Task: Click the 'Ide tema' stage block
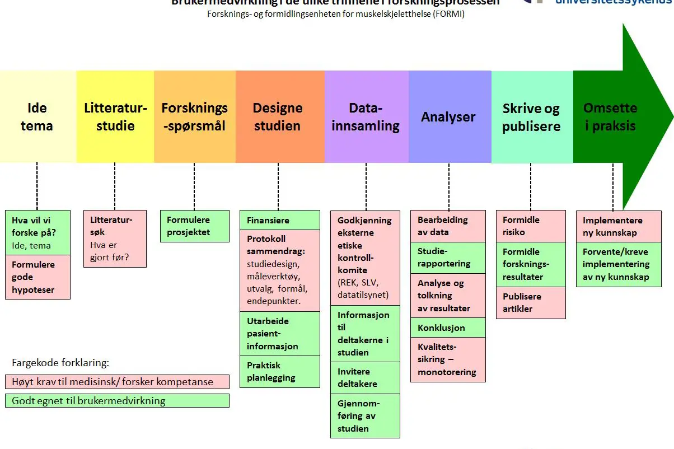[37, 116]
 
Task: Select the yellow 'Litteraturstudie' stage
[115, 116]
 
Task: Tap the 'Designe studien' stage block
[278, 116]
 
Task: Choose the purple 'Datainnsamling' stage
[366, 116]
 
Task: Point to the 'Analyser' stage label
[448, 117]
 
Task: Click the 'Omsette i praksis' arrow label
[610, 116]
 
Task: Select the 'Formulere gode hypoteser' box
[38, 277]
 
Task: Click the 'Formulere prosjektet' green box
[194, 226]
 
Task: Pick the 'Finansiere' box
[279, 221]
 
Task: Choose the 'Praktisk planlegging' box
[279, 372]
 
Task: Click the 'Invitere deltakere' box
[365, 378]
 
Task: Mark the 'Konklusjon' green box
[448, 328]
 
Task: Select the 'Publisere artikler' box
[530, 302]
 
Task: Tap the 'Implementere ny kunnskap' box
[619, 226]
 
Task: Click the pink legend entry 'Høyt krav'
[118, 382]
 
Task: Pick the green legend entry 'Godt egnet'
[118, 400]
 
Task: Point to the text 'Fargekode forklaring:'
[60, 362]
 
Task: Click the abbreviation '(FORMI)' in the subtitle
[447, 14]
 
